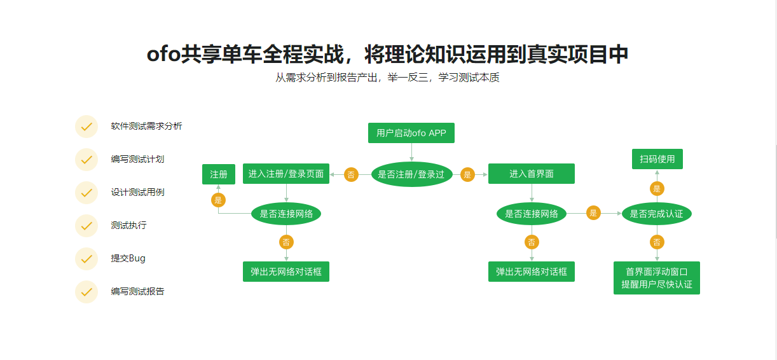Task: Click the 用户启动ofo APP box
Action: pyautogui.click(x=411, y=133)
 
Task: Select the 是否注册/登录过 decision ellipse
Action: pyautogui.click(x=411, y=174)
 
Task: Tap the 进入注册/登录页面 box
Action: pyautogui.click(x=286, y=174)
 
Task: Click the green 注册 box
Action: pyautogui.click(x=219, y=174)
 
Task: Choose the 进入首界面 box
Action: pyautogui.click(x=532, y=174)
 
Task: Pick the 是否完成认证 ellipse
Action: pyautogui.click(x=657, y=214)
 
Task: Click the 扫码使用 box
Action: pyautogui.click(x=657, y=159)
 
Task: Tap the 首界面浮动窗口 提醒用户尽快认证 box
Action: pyautogui.click(x=657, y=278)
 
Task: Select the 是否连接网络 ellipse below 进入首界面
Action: pyautogui.click(x=532, y=214)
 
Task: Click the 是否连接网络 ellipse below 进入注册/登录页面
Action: pyautogui.click(x=286, y=214)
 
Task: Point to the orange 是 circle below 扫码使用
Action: pyautogui.click(x=657, y=188)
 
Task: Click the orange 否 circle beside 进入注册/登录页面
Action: pyautogui.click(x=351, y=174)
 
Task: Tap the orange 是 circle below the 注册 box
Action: pyautogui.click(x=219, y=200)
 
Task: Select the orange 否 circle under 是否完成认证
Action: pyautogui.click(x=657, y=242)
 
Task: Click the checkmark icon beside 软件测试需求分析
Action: pyautogui.click(x=86, y=127)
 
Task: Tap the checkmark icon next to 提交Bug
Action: pyautogui.click(x=86, y=259)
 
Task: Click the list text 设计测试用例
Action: pyautogui.click(x=137, y=192)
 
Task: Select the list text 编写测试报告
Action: pyautogui.click(x=137, y=291)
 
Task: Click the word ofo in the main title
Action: pyautogui.click(x=163, y=55)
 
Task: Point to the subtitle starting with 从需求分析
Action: pyautogui.click(x=387, y=78)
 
